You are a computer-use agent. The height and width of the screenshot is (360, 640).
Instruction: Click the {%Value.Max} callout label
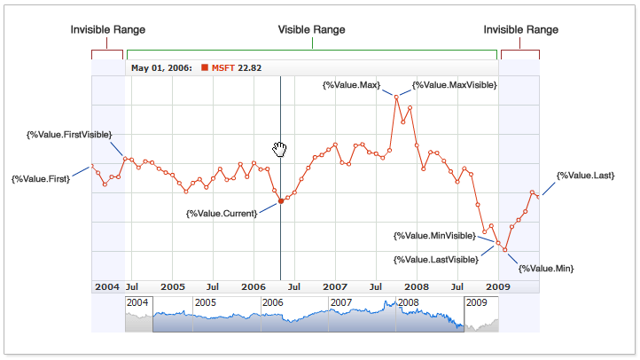click(352, 85)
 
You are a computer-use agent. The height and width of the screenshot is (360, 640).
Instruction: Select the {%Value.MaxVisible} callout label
click(454, 85)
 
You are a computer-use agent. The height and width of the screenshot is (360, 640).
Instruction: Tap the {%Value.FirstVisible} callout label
click(69, 135)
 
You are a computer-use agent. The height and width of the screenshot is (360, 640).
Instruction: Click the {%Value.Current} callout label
click(222, 214)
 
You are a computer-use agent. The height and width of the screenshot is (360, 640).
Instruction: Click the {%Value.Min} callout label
click(546, 268)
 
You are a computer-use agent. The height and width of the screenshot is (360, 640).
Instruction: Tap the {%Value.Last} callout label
click(585, 176)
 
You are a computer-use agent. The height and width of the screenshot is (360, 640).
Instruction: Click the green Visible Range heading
click(311, 30)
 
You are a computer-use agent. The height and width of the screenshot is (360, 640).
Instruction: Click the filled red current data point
click(281, 201)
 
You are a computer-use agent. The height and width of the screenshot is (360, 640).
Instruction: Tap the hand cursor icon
click(281, 148)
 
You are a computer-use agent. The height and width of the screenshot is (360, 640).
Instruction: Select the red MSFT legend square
click(205, 67)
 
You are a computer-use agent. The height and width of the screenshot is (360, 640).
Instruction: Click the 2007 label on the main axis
click(334, 287)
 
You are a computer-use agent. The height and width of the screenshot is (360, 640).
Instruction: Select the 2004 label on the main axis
click(106, 287)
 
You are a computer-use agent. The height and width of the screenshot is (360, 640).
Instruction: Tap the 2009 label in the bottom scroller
click(477, 302)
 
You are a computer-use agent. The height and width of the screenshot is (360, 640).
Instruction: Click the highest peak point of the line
click(395, 96)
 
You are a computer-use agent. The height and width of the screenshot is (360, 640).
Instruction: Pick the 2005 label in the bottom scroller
click(206, 302)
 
